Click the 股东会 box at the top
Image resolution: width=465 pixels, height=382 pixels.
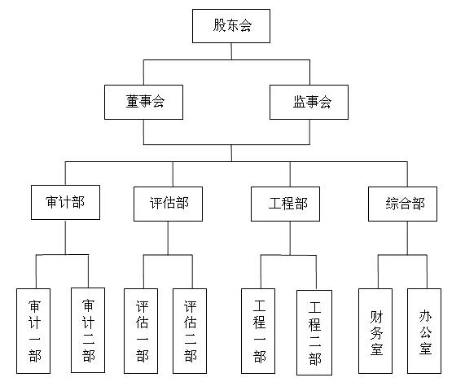pos(231,26)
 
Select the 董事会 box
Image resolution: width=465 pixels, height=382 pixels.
pos(143,103)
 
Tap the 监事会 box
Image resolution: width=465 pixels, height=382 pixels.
pos(309,103)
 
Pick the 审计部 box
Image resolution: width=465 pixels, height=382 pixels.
pos(65,202)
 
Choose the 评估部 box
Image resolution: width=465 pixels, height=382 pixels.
pos(168,204)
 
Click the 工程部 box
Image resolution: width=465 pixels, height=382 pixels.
pos(285,204)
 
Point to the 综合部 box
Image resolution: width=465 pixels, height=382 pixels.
pos(402,204)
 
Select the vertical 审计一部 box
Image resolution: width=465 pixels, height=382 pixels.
pos(33,331)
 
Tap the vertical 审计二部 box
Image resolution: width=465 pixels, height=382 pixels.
pos(88,330)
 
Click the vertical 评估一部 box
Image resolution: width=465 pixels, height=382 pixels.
pos(141,331)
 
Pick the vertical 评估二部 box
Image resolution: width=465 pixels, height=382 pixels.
pos(190,331)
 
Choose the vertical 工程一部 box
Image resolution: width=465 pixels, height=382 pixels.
pos(258,331)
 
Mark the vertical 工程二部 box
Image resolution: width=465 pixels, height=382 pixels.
pos(314,332)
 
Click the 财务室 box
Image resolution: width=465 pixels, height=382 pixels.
pos(375,331)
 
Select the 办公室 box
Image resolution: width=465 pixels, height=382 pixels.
pos(424,331)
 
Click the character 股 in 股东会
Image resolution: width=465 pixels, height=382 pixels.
pos(219,25)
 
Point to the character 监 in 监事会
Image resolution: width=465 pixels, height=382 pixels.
pos(299,102)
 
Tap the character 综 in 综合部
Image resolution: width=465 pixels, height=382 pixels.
pos(392,204)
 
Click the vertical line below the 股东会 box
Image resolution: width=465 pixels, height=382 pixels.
pos(231,51)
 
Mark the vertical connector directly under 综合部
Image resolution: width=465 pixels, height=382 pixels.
pos(407,238)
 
